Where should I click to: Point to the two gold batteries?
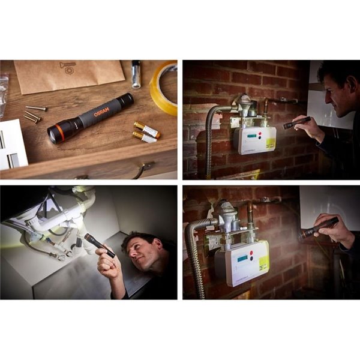coord(146,133)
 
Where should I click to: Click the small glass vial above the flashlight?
coord(136,74)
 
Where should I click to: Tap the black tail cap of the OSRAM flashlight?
coord(125,100)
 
